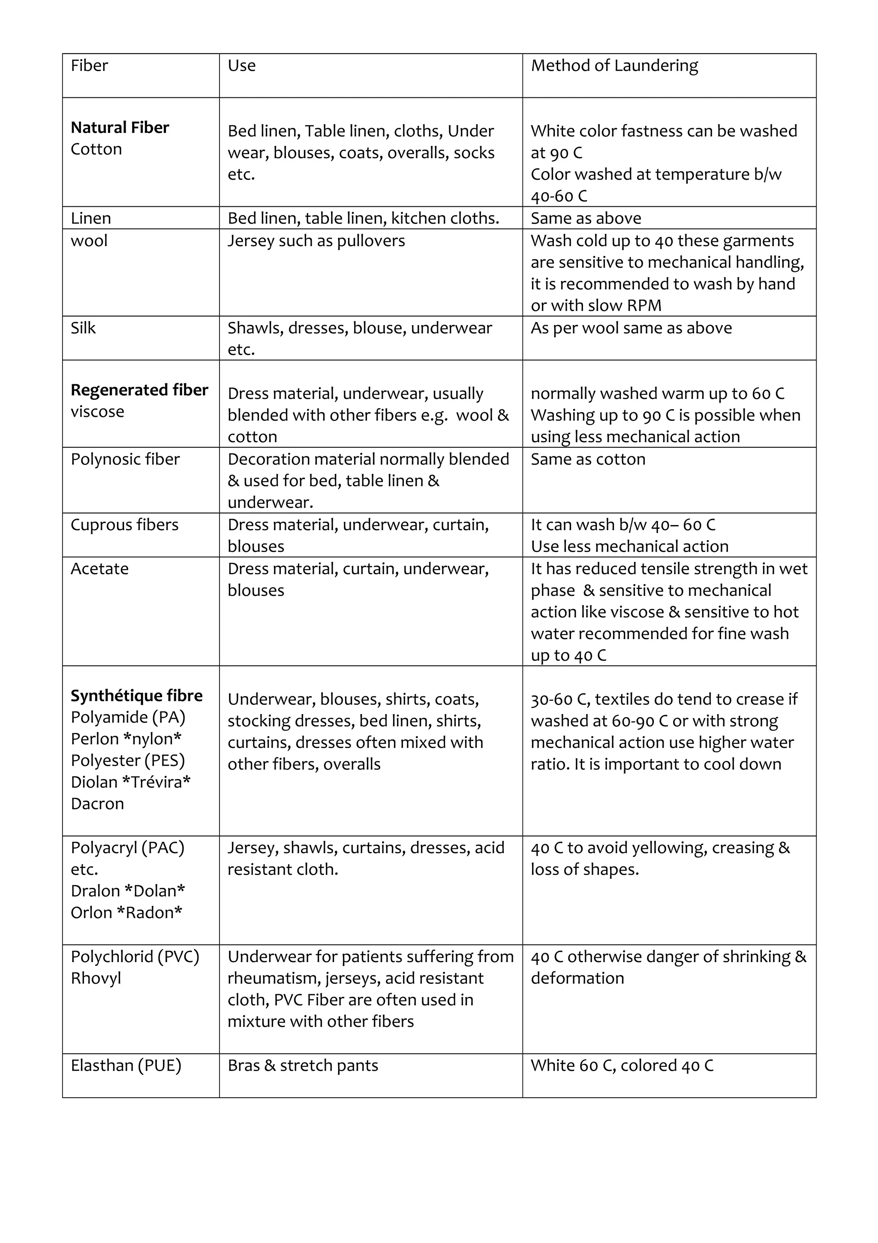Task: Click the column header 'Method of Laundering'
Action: tap(614, 66)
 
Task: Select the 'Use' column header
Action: tap(241, 66)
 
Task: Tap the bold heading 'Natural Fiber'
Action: tap(120, 128)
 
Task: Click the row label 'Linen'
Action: tap(90, 218)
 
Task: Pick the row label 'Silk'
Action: tap(83, 328)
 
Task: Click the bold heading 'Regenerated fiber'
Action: tap(139, 390)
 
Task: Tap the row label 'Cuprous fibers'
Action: tap(124, 525)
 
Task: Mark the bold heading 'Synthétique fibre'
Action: tap(136, 696)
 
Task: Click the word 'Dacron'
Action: tap(97, 803)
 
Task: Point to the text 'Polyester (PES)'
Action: tap(128, 760)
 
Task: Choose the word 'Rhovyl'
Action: tap(96, 978)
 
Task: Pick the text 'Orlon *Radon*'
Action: tap(126, 912)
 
